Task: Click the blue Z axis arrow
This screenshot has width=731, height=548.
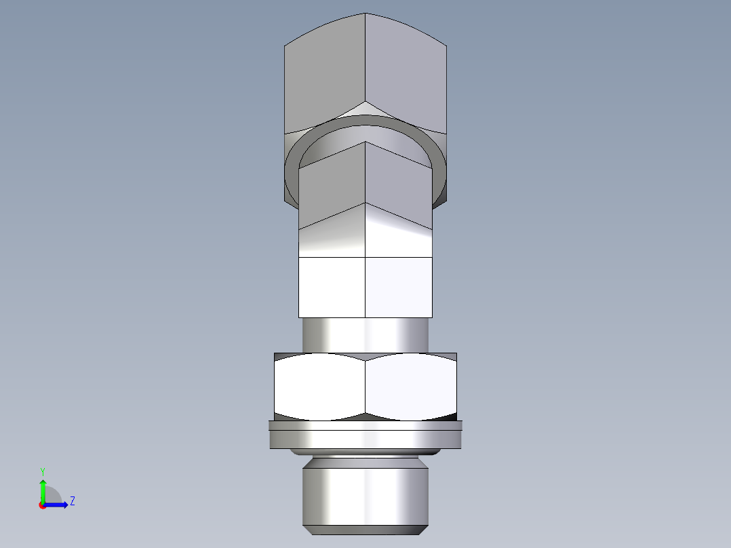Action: [58, 504]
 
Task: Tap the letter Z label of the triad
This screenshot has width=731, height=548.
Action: [72, 501]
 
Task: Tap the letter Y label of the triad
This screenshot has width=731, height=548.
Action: [42, 471]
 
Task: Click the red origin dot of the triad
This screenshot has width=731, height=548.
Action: [42, 505]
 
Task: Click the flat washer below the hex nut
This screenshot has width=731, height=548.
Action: [365, 438]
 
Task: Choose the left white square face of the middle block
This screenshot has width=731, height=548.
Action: [332, 287]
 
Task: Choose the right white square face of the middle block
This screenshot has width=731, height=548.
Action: [399, 287]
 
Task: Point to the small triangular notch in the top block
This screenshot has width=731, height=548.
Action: [365, 109]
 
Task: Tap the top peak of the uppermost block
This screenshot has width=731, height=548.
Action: [365, 14]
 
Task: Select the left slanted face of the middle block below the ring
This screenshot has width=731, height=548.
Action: [332, 231]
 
